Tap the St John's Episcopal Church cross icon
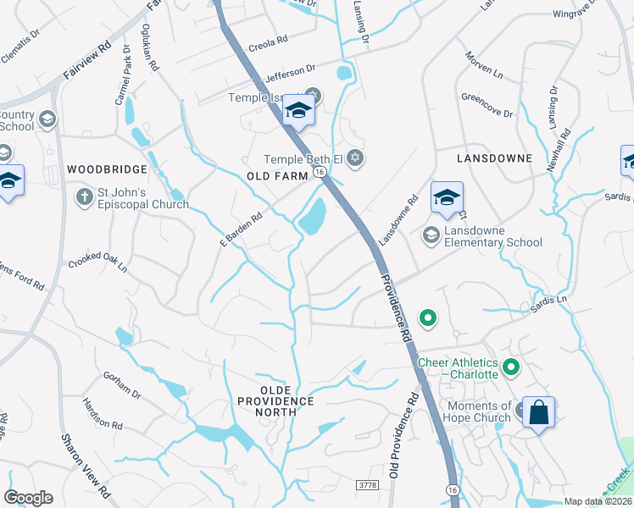84,197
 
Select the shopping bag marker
538,413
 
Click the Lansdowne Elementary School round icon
431,235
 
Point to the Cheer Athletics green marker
510,367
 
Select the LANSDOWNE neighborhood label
493,158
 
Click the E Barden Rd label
242,229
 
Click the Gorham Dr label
124,384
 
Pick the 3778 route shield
366,484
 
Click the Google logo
28,498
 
